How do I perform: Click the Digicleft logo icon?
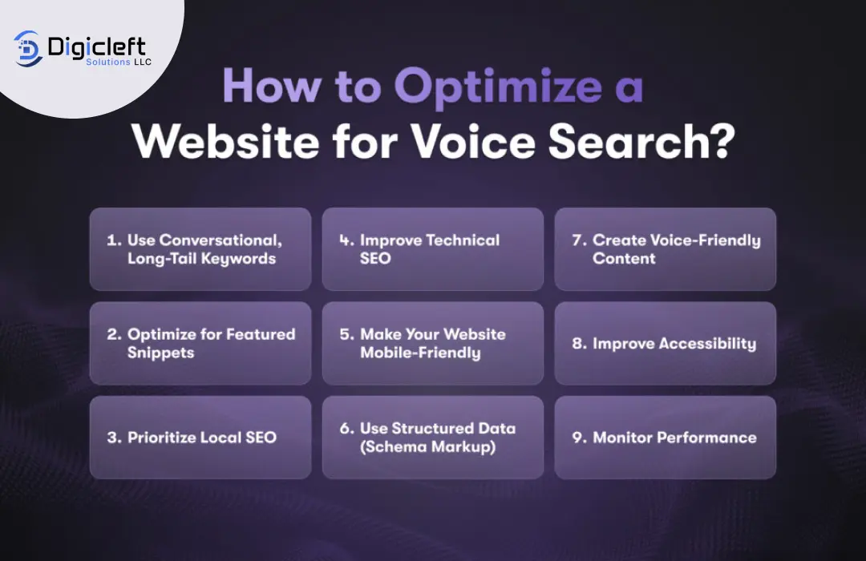(28, 49)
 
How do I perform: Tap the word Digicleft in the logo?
(97, 46)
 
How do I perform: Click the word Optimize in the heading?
(498, 87)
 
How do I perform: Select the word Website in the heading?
(225, 141)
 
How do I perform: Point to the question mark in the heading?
(721, 141)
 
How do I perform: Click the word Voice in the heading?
(473, 141)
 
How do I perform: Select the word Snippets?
(160, 353)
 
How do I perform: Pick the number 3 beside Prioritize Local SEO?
(113, 438)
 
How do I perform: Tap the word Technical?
(463, 240)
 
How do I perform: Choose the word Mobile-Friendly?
(420, 353)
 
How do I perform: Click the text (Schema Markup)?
(427, 446)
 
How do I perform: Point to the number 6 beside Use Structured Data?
(346, 429)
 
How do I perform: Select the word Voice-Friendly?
(706, 240)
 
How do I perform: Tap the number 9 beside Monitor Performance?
(578, 438)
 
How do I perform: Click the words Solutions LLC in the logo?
(118, 62)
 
